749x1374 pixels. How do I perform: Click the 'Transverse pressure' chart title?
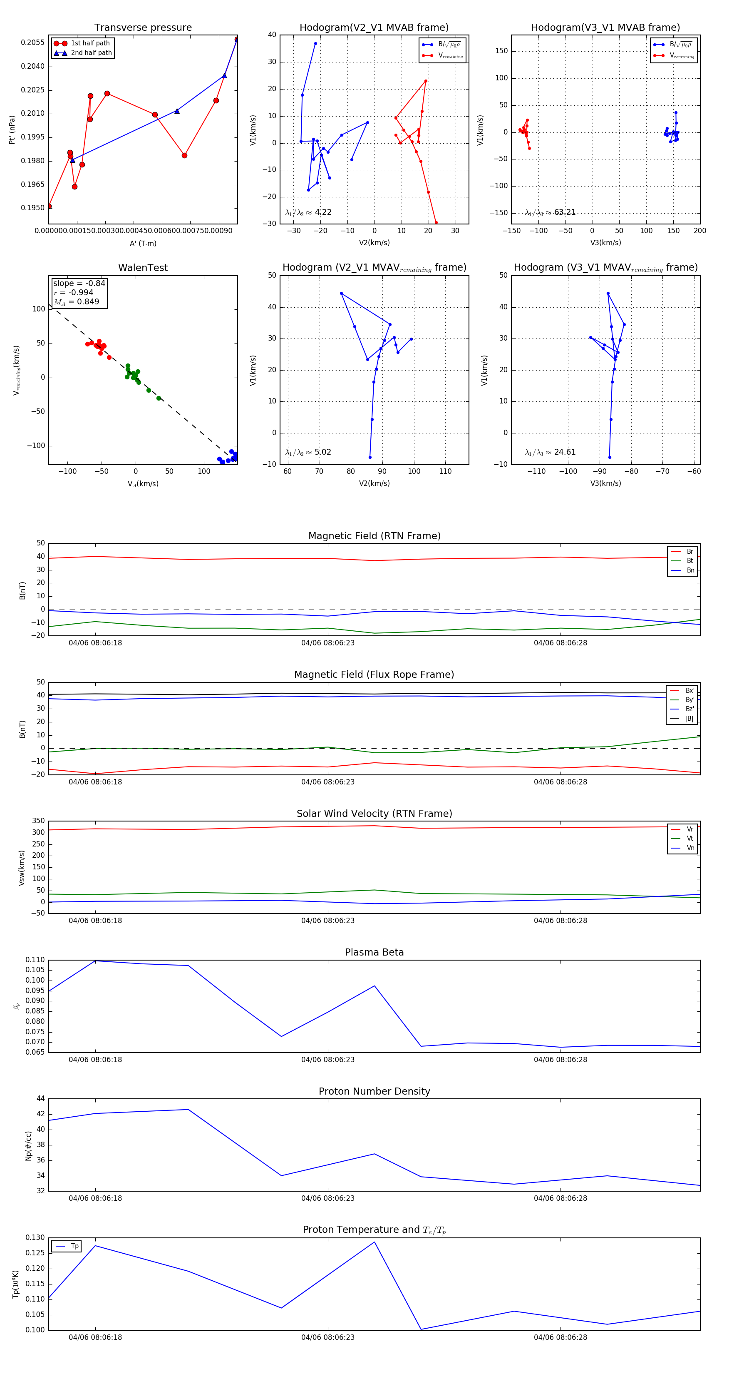(x=143, y=28)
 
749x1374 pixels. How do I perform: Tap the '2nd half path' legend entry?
(x=91, y=53)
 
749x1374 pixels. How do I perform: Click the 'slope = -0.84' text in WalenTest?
(x=79, y=283)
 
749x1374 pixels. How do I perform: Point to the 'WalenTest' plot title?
(x=143, y=268)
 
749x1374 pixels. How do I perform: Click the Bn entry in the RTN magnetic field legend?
(x=690, y=570)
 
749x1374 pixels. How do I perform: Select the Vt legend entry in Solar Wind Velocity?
(x=690, y=839)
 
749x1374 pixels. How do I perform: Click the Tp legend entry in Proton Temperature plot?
(x=74, y=1246)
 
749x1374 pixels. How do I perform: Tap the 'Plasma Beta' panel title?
(x=374, y=952)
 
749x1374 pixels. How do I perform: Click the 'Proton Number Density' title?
(x=374, y=1091)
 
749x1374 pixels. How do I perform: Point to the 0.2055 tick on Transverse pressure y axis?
(x=32, y=42)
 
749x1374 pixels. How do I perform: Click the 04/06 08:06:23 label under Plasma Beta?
(x=327, y=1059)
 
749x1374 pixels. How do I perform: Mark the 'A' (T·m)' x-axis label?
(x=143, y=243)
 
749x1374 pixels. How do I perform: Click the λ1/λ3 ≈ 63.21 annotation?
(x=550, y=212)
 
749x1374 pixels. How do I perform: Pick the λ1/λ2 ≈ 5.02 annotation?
(x=308, y=452)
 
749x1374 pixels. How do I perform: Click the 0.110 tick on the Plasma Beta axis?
(x=35, y=960)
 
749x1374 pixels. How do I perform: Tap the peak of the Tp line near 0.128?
(x=374, y=1242)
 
